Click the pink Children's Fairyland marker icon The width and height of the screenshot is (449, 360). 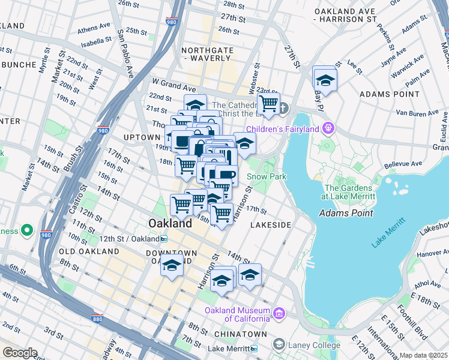pos(328,127)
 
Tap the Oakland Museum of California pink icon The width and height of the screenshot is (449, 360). pos(279,313)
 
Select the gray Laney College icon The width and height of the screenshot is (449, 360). pos(279,344)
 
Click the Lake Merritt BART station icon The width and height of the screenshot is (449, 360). pos(254,349)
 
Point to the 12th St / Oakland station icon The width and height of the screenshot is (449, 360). pos(164,239)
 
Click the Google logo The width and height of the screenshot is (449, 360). pos(19,352)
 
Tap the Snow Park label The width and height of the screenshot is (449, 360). pos(267,176)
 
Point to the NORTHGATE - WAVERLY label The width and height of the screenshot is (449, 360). pos(207,54)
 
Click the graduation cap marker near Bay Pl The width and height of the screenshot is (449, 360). pos(325,80)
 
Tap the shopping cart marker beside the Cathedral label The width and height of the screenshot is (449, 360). pos(268,103)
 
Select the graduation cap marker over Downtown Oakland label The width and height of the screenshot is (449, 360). pos(172,265)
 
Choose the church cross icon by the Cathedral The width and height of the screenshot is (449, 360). pos(283,108)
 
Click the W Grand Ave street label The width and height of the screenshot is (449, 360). pos(173,81)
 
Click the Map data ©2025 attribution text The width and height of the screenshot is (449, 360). pos(424,355)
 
